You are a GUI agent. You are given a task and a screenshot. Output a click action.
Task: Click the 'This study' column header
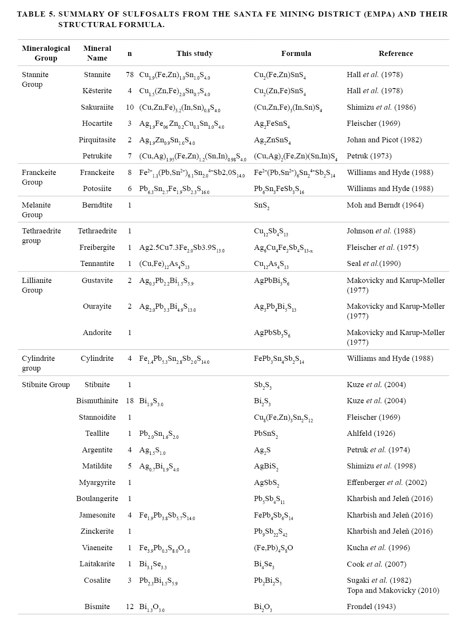[x=195, y=53]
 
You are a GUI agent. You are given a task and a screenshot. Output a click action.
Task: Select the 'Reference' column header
[x=396, y=53]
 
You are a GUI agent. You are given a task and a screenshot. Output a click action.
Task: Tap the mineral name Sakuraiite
[x=97, y=107]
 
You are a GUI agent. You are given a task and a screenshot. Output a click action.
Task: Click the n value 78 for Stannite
[x=129, y=75]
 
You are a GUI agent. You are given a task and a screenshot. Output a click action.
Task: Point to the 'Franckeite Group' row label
[x=39, y=177]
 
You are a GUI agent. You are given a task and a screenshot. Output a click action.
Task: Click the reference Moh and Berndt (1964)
[x=385, y=205]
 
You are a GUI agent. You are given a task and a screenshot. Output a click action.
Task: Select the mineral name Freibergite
[x=97, y=247]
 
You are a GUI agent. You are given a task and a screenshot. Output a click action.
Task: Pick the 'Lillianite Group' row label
[x=37, y=285]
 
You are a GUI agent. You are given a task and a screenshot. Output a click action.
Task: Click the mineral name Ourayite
[x=97, y=306]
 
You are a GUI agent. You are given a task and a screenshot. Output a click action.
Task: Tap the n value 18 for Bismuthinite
[x=129, y=401]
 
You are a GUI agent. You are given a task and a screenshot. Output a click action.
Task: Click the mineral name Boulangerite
[x=97, y=498]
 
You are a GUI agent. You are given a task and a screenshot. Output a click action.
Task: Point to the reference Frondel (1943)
[x=371, y=606]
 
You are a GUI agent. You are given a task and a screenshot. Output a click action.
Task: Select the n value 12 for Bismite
[x=129, y=606]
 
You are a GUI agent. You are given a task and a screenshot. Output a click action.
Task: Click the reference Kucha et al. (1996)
[x=378, y=548]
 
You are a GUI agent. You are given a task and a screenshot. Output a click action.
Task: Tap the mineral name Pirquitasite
[x=97, y=140]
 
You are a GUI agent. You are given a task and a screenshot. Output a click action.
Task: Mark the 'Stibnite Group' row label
[x=46, y=385]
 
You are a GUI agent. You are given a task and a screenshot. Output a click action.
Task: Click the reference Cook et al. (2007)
[x=377, y=564]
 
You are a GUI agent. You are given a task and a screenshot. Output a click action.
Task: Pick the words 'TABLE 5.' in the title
[x=36, y=14]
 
